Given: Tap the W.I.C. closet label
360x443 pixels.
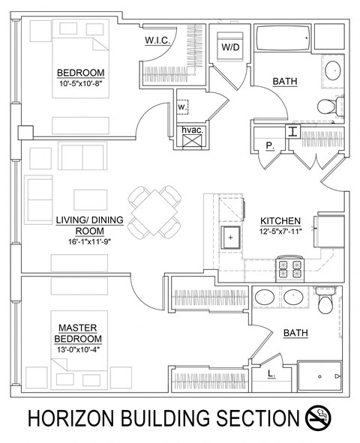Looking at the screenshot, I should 158,41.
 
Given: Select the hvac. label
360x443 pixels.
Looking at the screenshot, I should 192,130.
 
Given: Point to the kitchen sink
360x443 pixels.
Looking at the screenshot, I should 231,238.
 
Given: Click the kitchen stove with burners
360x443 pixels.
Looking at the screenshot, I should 290,267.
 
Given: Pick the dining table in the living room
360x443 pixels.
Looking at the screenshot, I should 155,211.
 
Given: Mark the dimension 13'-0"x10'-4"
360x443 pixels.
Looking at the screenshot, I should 78,349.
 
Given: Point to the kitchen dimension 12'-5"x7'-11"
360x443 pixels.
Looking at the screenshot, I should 280,232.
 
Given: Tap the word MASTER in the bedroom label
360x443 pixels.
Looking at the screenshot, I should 78,328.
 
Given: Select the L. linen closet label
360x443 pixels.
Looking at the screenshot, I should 271,371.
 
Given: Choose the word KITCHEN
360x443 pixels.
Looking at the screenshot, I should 280,221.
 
